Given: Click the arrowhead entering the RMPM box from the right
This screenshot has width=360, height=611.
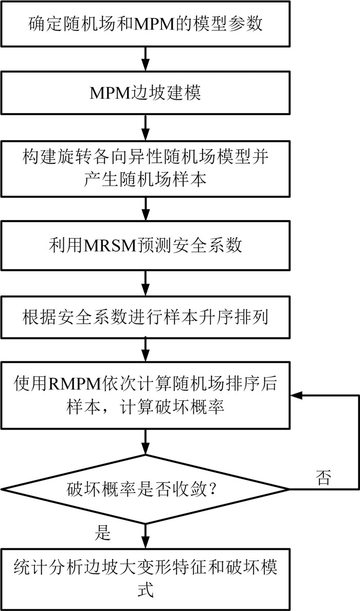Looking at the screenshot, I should point(297,396).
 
